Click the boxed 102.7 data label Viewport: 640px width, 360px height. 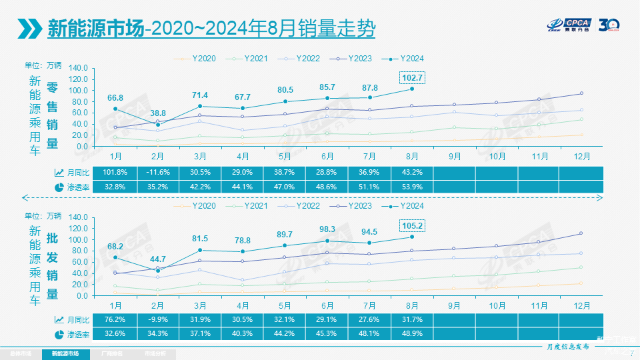(x=412, y=77)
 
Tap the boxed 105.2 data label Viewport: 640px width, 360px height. (x=412, y=226)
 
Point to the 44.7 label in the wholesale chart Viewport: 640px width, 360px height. (x=158, y=259)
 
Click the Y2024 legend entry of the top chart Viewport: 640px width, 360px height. (x=408, y=59)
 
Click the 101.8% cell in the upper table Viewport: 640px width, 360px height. (x=115, y=172)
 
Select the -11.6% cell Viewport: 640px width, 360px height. (x=158, y=172)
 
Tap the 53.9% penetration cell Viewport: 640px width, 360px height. (x=411, y=187)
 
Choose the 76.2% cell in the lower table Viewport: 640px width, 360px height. (x=115, y=320)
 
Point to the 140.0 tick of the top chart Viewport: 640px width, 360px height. (x=78, y=68)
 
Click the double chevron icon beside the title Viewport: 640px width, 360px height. (x=30, y=29)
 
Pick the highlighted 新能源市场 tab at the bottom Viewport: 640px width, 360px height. (x=64, y=353)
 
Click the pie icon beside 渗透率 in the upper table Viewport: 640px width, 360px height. (x=59, y=187)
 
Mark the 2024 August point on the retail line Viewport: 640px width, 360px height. (x=412, y=89)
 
